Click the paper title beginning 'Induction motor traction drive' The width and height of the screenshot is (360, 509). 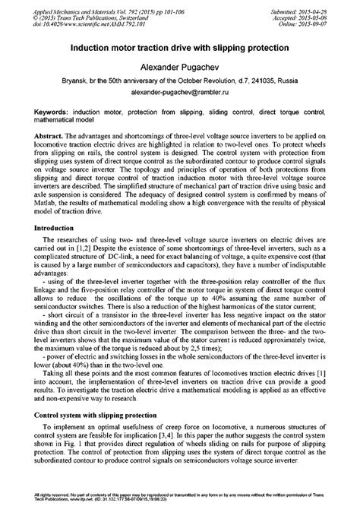coord(180,47)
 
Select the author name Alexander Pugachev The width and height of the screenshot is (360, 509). coord(180,65)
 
